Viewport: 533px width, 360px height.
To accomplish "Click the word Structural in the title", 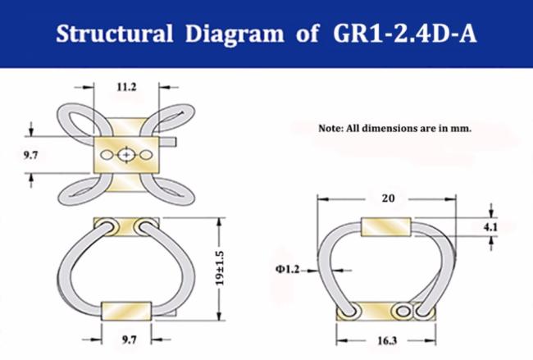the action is click(115, 34).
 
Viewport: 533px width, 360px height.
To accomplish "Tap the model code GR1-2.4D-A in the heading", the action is click(404, 34).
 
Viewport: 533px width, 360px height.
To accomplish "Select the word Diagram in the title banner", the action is click(235, 34).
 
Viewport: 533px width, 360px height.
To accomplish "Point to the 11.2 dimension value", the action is click(126, 88).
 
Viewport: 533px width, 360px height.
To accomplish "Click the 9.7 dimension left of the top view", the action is click(30, 155).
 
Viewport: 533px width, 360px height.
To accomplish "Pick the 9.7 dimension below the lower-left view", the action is click(130, 339).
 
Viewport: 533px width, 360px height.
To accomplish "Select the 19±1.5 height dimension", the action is click(221, 268).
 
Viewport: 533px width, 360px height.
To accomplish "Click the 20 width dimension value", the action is click(388, 198).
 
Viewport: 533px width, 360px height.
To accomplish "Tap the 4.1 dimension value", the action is click(490, 227).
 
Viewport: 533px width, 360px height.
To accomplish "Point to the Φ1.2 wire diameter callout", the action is click(288, 270).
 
